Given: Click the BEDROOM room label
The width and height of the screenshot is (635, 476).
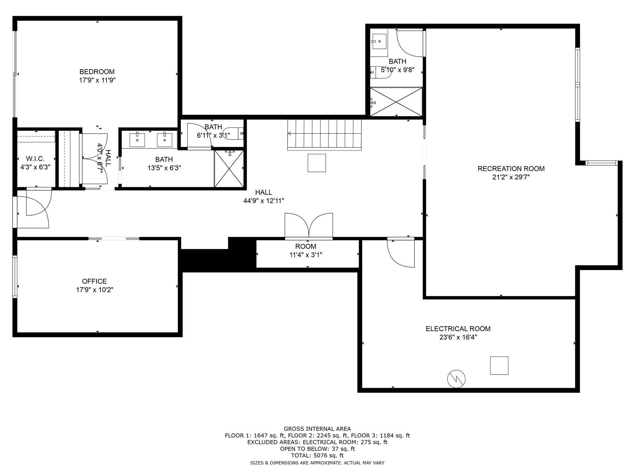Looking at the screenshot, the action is [x=97, y=72].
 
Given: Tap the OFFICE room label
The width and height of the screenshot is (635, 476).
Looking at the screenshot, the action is [x=94, y=281].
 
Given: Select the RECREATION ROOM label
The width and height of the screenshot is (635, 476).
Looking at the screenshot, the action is [x=511, y=169].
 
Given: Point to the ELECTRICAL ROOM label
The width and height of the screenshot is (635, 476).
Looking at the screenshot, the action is [x=458, y=329].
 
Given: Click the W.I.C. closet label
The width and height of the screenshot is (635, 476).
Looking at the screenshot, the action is [x=35, y=159].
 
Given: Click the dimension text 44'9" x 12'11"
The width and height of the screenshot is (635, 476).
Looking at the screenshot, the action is [x=264, y=201].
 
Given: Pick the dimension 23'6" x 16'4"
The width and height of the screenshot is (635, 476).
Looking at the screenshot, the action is [x=458, y=337].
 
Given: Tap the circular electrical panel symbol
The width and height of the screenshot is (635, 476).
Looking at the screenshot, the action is [x=456, y=379].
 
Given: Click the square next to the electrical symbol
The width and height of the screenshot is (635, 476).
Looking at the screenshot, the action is [x=499, y=366].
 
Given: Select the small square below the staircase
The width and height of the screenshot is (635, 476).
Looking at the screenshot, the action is [x=317, y=163].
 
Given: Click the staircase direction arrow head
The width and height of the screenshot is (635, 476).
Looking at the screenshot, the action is [x=289, y=134].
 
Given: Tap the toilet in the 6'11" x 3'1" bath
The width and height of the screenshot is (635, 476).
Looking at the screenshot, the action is [x=233, y=133].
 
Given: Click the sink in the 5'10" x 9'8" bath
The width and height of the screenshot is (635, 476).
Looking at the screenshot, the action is [x=379, y=41].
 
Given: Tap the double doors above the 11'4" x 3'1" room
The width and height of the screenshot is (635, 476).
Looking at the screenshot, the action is [x=309, y=226].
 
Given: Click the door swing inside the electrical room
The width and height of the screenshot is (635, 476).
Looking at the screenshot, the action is [x=401, y=253].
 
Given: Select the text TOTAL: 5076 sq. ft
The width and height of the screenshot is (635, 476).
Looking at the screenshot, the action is [x=317, y=456].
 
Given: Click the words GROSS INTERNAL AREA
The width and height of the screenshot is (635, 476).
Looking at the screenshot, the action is [x=317, y=429].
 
